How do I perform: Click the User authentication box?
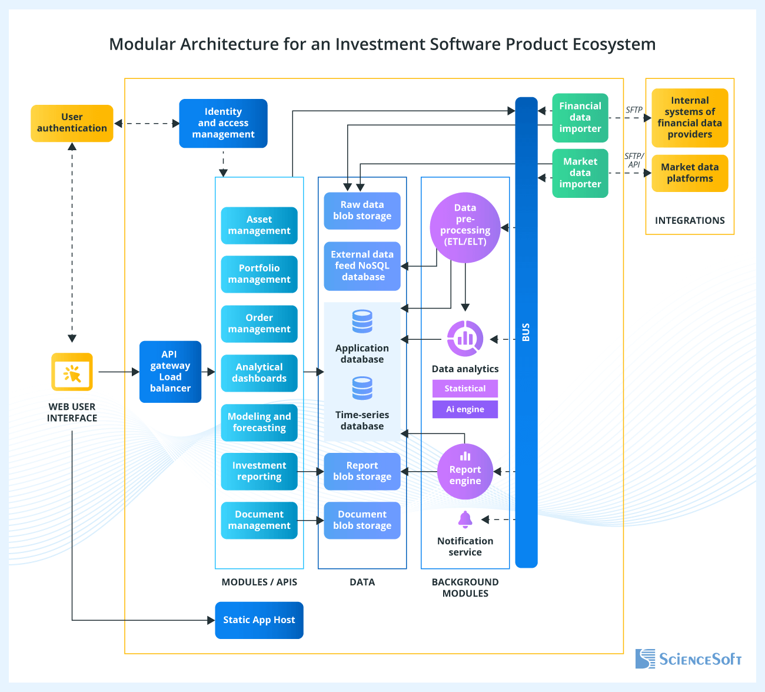click(72, 123)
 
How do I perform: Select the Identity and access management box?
click(223, 123)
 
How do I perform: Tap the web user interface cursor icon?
click(72, 372)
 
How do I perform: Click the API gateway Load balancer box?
click(170, 372)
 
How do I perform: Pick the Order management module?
click(259, 323)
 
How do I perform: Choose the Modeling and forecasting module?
click(259, 422)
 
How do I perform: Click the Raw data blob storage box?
click(362, 210)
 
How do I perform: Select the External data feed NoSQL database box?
click(362, 266)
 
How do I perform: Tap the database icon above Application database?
click(362, 322)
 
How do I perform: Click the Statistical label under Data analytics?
click(465, 389)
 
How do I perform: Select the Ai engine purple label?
click(465, 409)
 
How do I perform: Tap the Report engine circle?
click(465, 471)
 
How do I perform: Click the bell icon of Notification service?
click(465, 519)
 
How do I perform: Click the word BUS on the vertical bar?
click(526, 332)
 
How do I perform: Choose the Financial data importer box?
click(580, 118)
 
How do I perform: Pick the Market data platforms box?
click(690, 173)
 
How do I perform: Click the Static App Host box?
click(259, 620)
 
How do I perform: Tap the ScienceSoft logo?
click(688, 658)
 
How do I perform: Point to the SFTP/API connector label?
click(634, 160)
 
